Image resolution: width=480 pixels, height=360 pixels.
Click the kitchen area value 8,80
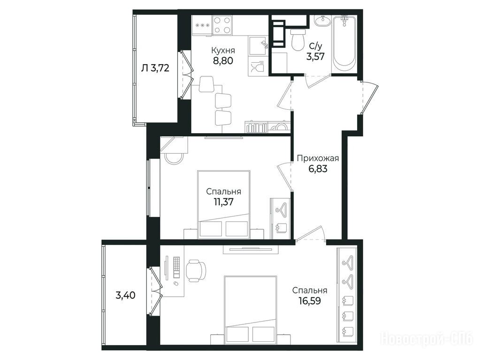pos(223,60)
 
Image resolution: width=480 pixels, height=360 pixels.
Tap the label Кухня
pos(223,50)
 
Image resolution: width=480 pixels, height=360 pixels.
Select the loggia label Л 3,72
pos(155,68)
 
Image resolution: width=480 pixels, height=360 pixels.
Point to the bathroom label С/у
pos(316,46)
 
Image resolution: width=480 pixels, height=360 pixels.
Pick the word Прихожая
pos(318,158)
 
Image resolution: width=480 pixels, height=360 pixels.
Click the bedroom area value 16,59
pos(310,301)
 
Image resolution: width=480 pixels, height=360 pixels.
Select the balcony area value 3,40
pos(125,295)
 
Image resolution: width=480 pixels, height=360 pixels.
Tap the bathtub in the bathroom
pos(344,44)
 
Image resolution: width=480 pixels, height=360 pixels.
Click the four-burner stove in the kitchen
pos(222,25)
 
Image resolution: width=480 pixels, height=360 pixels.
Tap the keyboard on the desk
pos(177,267)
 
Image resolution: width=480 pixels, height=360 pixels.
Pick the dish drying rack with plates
pos(256,127)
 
